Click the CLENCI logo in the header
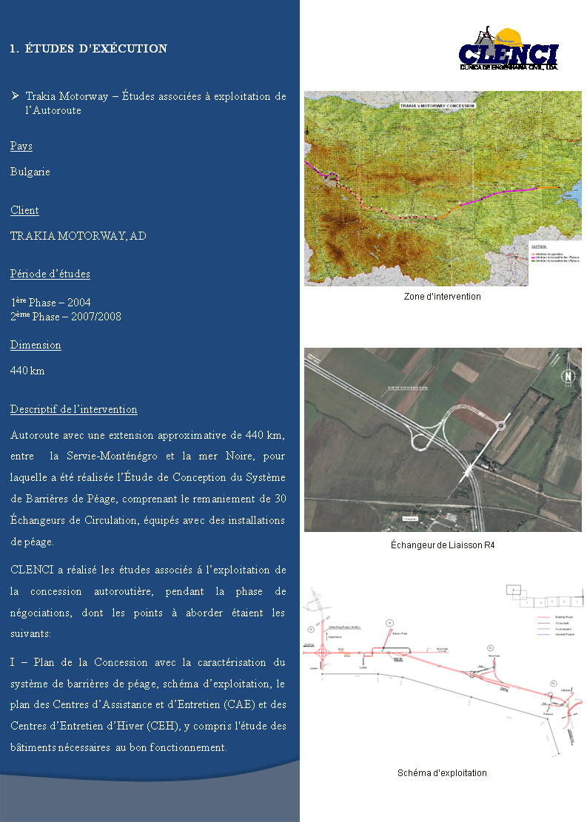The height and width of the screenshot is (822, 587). click(x=509, y=50)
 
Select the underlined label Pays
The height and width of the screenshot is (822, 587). click(x=21, y=146)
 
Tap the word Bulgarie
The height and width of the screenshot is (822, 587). click(x=30, y=172)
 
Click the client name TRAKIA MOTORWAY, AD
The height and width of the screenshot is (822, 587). click(x=78, y=236)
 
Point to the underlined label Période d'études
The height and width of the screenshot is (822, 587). click(x=50, y=274)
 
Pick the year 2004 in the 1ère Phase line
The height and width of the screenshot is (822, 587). click(x=78, y=303)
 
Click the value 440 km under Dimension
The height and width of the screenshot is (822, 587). click(x=27, y=371)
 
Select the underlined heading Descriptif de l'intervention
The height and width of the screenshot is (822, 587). click(x=74, y=410)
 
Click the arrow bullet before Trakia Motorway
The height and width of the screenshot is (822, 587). click(x=16, y=96)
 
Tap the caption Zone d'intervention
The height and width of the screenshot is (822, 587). click(x=442, y=297)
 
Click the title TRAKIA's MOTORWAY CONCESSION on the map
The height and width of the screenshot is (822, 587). click(x=437, y=106)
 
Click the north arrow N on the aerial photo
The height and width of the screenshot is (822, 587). click(x=568, y=375)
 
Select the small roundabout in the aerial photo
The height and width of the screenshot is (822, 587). click(x=500, y=425)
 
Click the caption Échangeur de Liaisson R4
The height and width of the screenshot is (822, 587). click(x=442, y=545)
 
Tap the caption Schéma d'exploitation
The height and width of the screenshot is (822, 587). click(x=442, y=773)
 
